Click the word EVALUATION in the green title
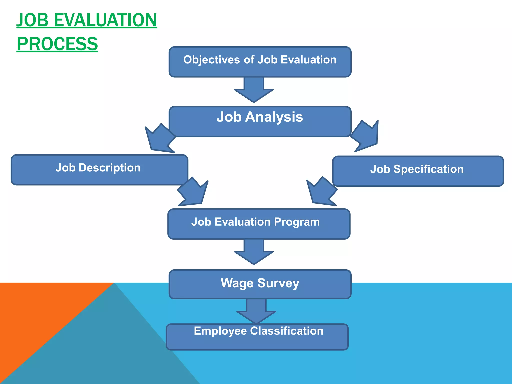pyautogui.click(x=105, y=20)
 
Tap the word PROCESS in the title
pyautogui.click(x=57, y=44)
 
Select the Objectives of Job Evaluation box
pyautogui.click(x=260, y=62)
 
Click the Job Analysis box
pyautogui.click(x=260, y=122)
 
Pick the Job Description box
pyautogui.click(x=99, y=170)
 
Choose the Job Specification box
pyautogui.click(x=418, y=171)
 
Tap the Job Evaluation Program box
pyautogui.click(x=259, y=224)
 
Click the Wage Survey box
pyautogui.click(x=260, y=284)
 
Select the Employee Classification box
pyautogui.click(x=257, y=337)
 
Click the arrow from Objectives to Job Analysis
pyautogui.click(x=254, y=90)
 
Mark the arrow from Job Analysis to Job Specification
pyautogui.click(x=366, y=136)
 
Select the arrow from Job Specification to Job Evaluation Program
pyautogui.click(x=322, y=192)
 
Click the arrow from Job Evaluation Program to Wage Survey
pyautogui.click(x=254, y=252)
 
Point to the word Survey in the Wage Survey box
pyautogui.click(x=278, y=283)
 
